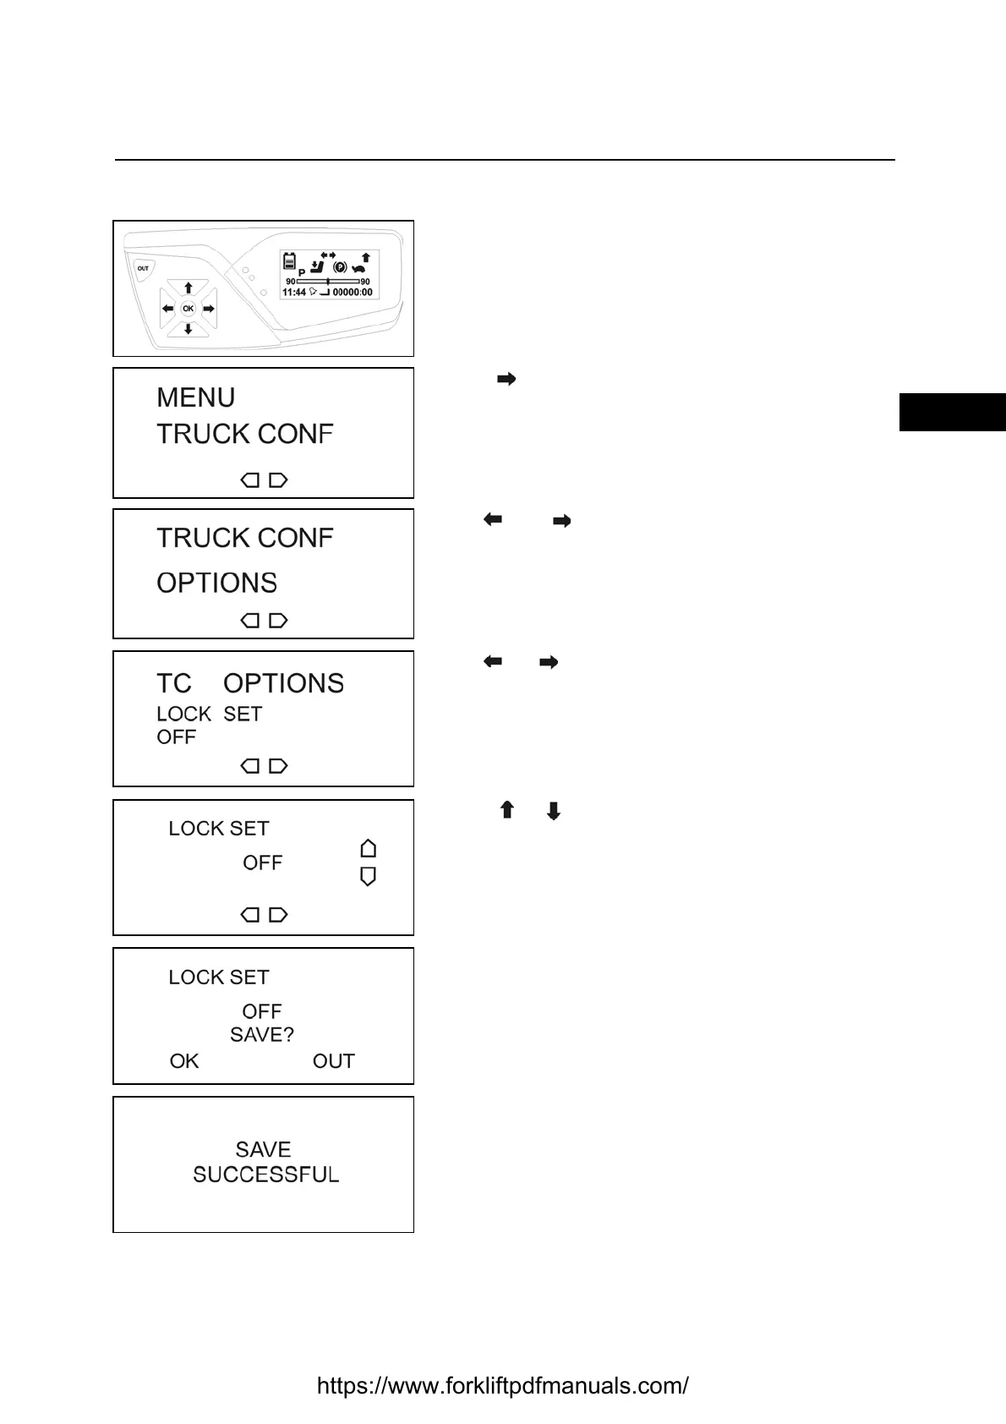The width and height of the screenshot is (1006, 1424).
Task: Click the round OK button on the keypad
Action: [188, 309]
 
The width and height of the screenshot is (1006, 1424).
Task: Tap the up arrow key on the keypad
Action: [189, 288]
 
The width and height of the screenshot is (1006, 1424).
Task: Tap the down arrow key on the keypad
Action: [189, 329]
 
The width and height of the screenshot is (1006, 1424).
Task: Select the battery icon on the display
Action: [289, 260]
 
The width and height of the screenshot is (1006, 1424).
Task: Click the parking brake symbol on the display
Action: [341, 267]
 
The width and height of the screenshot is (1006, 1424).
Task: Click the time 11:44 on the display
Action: [294, 293]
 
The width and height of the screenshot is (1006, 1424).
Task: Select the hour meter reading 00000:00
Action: [353, 293]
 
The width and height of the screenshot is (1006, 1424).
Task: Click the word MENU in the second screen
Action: [196, 397]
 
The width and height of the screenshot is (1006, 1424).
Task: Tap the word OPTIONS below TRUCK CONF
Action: [217, 583]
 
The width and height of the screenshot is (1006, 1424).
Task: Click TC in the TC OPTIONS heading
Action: [174, 683]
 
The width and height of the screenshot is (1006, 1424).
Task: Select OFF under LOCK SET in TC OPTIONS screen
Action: [176, 737]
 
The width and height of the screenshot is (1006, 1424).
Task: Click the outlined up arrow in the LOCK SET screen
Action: [368, 848]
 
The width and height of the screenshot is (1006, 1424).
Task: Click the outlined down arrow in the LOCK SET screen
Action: [368, 877]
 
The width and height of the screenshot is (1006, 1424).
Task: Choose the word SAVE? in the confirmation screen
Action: [262, 1035]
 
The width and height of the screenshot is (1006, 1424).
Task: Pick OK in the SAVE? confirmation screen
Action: [184, 1061]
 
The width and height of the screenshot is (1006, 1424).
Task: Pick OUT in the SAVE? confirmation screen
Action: [333, 1061]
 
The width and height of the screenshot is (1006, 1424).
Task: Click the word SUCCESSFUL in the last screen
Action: [266, 1175]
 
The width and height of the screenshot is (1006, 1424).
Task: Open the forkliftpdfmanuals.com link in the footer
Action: [502, 1386]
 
